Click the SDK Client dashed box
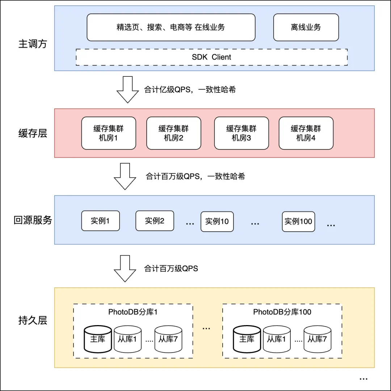211,57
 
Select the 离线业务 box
306,27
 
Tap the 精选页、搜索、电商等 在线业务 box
171,27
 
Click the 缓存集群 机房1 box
109,133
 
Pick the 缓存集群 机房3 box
241,133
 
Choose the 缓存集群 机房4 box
306,133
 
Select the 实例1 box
100,220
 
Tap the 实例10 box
217,221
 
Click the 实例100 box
298,221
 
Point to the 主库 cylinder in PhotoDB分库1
98,339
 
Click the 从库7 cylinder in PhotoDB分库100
317,339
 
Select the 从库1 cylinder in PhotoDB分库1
127,339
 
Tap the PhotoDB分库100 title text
282,312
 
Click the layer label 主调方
33,44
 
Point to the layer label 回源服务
33,220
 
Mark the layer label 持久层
33,320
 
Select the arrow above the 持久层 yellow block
125,268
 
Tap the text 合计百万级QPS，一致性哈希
195,177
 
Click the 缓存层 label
33,134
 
